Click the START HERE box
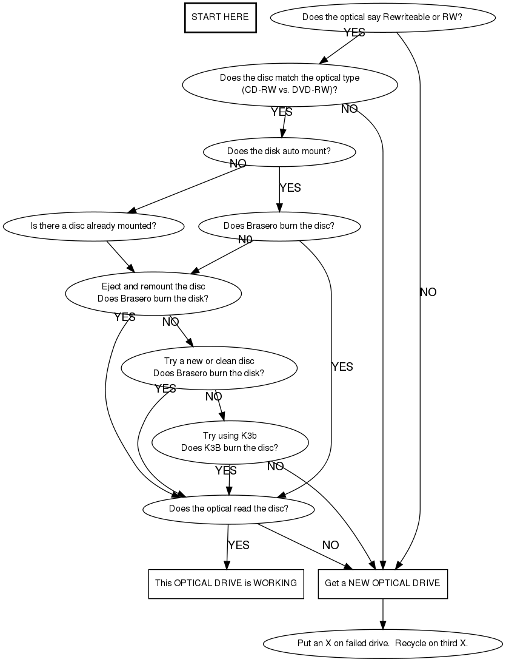[x=220, y=17]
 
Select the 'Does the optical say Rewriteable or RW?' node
[x=382, y=17]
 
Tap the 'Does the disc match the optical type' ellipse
[x=290, y=84]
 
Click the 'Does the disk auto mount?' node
[x=279, y=151]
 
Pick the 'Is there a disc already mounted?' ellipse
[x=93, y=226]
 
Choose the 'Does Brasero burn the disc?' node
[x=279, y=226]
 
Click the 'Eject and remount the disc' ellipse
[x=153, y=292]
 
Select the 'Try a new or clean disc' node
[x=209, y=367]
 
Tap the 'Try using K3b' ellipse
[x=230, y=442]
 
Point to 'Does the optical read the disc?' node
[x=228, y=508]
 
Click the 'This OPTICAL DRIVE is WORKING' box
[x=226, y=583]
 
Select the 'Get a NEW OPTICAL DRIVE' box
[x=382, y=583]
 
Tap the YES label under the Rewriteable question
[x=355, y=33]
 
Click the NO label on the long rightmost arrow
[x=428, y=292]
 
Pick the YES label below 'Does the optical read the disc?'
[x=238, y=545]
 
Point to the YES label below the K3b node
[x=226, y=470]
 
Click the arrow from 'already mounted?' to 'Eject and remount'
[x=121, y=256]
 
